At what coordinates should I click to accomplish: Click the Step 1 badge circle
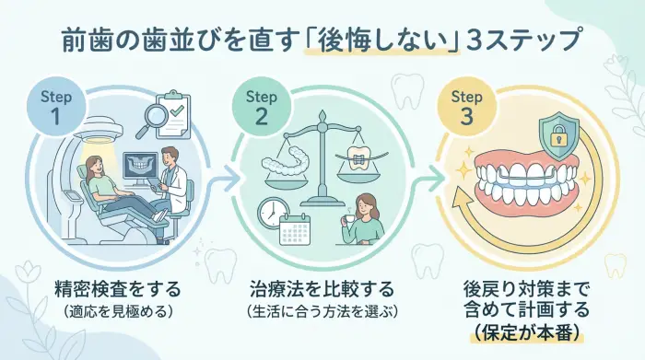pos(55,109)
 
